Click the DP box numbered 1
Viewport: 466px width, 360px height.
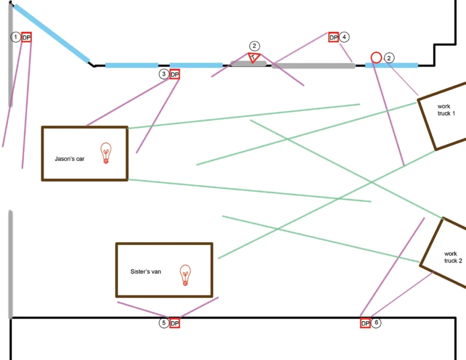pos(26,37)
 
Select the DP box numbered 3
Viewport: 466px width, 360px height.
pos(175,74)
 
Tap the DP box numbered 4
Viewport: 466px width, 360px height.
pos(334,37)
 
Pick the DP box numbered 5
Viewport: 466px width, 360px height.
pos(175,324)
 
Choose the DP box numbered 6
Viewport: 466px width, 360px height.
pos(365,324)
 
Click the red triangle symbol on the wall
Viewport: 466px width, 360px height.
pos(254,57)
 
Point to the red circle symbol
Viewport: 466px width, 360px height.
pos(376,57)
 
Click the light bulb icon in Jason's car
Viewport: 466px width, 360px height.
pos(106,153)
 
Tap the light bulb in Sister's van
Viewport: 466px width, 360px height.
pos(185,275)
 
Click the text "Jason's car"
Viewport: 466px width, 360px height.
pos(69,159)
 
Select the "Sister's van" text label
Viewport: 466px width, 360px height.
pos(145,271)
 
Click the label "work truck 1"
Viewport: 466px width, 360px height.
pos(446,110)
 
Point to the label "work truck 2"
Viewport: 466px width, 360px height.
pos(453,257)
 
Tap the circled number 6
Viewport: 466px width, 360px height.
pos(376,323)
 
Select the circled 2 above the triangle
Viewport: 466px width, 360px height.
pos(254,46)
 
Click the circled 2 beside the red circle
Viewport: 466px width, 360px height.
pos(390,57)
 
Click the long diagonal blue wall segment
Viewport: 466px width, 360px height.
pos(51,33)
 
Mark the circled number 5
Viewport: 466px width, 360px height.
pos(164,324)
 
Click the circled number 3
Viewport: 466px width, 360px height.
pos(164,74)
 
